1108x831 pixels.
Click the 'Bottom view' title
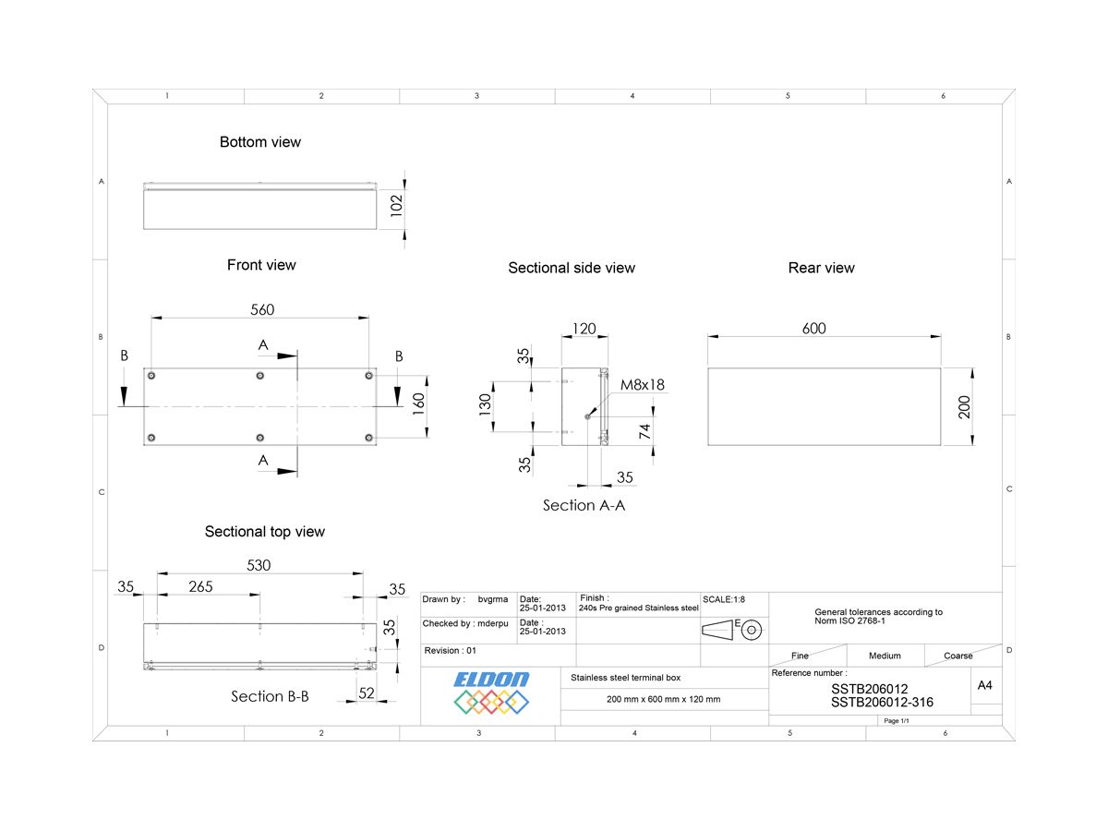pos(259,142)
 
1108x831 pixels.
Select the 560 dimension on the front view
pos(262,309)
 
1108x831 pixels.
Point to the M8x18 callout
pos(643,385)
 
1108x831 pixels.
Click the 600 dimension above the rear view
pos(813,329)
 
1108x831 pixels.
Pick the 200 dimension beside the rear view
pos(965,406)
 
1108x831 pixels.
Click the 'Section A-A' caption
pos(584,505)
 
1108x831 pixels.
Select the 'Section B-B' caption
pos(270,696)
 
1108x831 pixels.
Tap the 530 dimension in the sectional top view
pos(259,565)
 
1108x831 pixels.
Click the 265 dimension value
pos(200,587)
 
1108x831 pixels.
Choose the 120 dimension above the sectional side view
pos(584,329)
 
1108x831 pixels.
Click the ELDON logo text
pos(491,680)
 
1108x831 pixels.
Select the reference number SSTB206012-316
pos(881,703)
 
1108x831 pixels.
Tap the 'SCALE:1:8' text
pos(724,599)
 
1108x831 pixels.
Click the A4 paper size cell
pos(985,685)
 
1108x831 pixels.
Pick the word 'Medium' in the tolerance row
pos(884,656)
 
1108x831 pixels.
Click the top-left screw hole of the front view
pos(151,376)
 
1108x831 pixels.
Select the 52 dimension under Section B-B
pos(367,693)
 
